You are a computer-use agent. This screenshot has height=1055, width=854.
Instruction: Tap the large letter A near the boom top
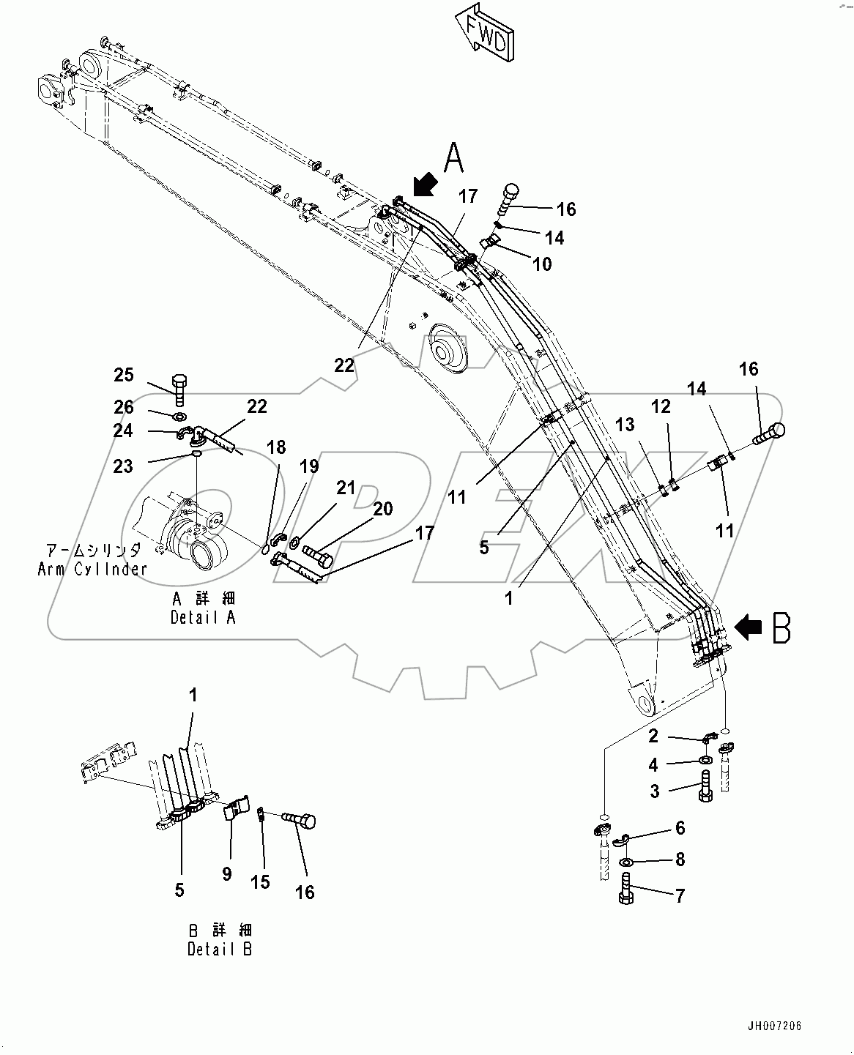click(453, 158)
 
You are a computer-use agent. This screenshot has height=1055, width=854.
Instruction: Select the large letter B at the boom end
click(781, 628)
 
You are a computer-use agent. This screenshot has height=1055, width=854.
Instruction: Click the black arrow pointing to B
click(749, 627)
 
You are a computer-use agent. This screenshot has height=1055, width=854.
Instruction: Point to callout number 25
click(124, 376)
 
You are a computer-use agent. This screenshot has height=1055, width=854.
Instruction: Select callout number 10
click(541, 264)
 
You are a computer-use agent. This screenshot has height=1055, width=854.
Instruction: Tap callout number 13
click(624, 425)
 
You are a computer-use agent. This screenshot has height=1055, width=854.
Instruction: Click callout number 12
click(661, 406)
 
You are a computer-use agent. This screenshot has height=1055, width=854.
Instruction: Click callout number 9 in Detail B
click(227, 873)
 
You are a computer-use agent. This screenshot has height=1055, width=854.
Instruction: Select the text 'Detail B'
click(220, 950)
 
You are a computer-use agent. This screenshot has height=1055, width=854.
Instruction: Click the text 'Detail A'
click(203, 617)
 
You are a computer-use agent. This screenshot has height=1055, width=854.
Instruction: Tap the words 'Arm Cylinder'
click(92, 569)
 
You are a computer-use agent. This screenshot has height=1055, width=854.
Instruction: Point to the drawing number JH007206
click(776, 1026)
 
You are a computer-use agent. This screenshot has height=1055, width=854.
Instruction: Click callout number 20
click(382, 509)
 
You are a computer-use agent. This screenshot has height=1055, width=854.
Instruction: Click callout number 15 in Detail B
click(260, 882)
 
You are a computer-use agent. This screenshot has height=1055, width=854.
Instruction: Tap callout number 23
click(124, 466)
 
